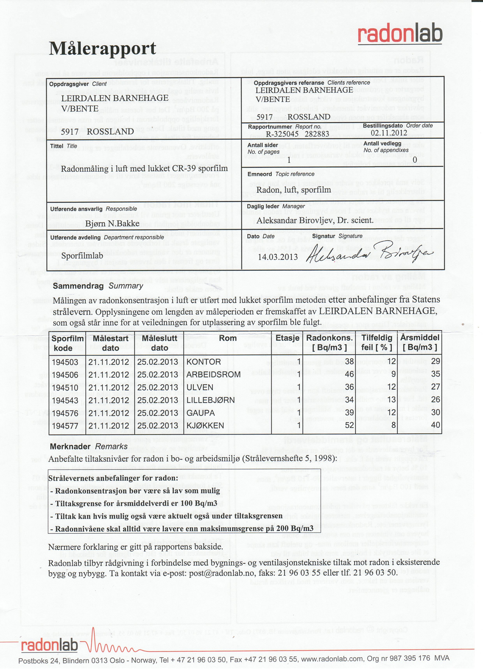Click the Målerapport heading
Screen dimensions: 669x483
(102, 48)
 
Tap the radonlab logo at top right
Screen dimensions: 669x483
(400, 33)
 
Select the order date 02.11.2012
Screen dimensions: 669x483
(389, 133)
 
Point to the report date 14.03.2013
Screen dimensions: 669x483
(278, 257)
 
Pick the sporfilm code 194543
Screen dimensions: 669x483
(65, 400)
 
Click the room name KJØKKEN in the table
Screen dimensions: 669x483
(205, 426)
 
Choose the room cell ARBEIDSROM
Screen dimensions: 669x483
(213, 375)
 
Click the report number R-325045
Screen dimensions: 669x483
(282, 134)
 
